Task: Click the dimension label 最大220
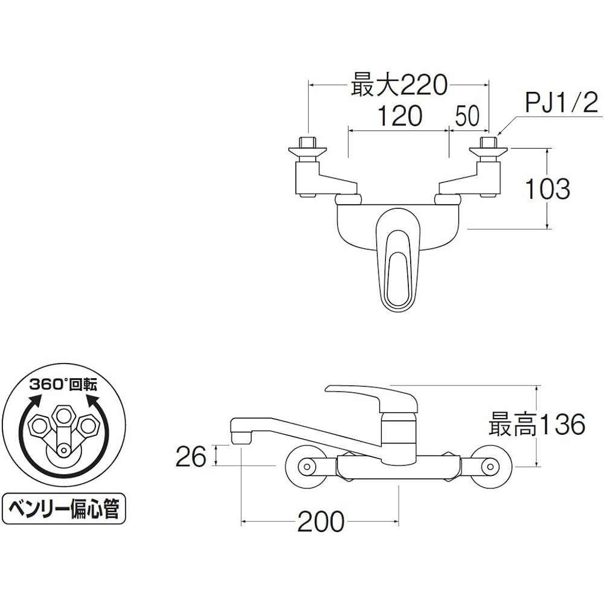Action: point(399,85)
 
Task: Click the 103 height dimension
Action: point(546,189)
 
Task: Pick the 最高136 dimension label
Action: point(537,425)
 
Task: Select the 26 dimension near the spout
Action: point(191,457)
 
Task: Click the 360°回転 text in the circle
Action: point(64,385)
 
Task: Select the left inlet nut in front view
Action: point(308,144)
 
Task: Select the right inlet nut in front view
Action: point(488,144)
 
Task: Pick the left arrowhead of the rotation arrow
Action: point(34,400)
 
